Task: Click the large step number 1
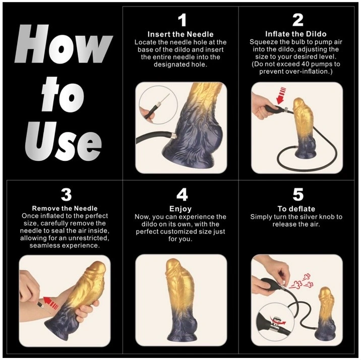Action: [x=183, y=20]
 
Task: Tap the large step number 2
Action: [x=297, y=20]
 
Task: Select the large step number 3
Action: [x=66, y=195]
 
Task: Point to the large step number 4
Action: [x=182, y=195]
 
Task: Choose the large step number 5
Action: [x=298, y=195]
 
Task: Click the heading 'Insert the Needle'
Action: [x=180, y=34]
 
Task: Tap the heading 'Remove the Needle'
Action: [x=65, y=208]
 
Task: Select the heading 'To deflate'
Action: [x=296, y=209]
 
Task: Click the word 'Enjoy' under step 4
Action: [x=180, y=209]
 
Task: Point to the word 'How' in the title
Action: [x=64, y=44]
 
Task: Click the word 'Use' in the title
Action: [x=64, y=141]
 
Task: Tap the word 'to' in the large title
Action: [x=63, y=94]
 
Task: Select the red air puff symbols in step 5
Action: [x=302, y=281]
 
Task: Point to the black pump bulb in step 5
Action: [x=270, y=285]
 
